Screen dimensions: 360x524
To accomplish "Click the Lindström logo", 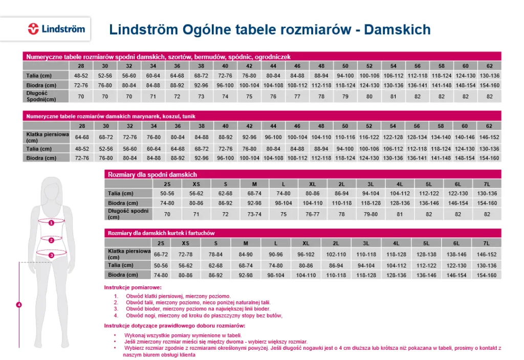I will (x=56, y=29).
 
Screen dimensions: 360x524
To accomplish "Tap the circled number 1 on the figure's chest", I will (x=51, y=223).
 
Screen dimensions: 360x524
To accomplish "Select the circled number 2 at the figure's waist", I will (x=51, y=240).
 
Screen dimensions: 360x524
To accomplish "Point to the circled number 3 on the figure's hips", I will (x=51, y=255).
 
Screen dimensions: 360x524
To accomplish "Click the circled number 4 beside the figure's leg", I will (x=19, y=305).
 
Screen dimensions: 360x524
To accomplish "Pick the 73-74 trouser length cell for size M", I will (x=254, y=214).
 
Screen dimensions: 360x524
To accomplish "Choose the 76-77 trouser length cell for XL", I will (x=313, y=214).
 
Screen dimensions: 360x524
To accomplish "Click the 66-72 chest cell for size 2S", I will (x=161, y=254).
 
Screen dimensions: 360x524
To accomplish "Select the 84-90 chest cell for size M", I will (x=246, y=254).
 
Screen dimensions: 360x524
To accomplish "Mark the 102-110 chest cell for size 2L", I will (x=336, y=254).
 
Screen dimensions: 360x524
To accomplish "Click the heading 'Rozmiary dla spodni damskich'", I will (x=152, y=174).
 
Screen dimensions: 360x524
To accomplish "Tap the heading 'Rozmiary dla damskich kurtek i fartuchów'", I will (x=161, y=233).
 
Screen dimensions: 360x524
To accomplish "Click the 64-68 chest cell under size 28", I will (x=82, y=137).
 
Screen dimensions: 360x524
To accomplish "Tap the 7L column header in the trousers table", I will (x=487, y=184).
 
